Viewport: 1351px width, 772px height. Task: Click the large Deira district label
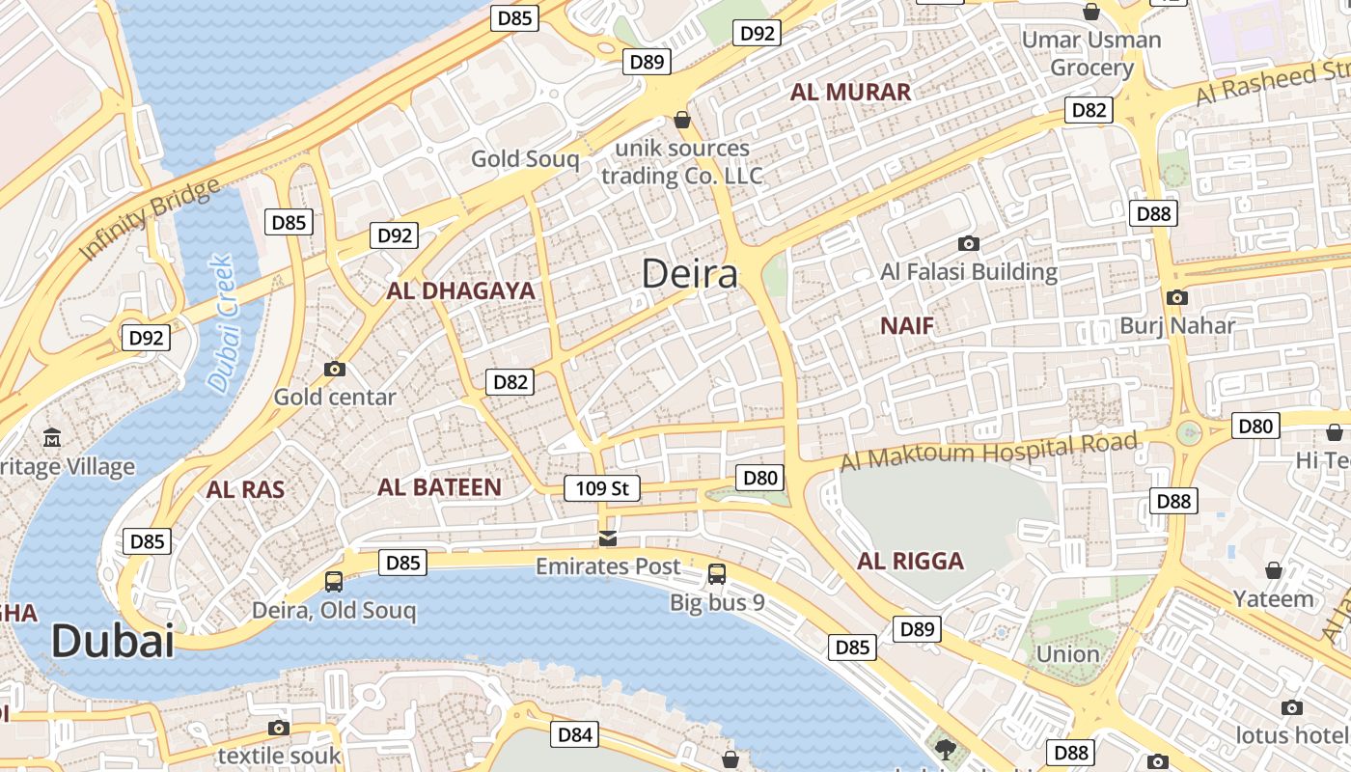click(690, 274)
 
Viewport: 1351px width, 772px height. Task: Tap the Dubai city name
click(112, 641)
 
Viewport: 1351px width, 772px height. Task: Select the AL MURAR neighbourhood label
click(850, 93)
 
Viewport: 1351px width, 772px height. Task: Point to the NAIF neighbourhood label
click(907, 326)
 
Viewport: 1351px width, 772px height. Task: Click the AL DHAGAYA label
click(460, 290)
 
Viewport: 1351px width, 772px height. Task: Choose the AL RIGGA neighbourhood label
click(910, 562)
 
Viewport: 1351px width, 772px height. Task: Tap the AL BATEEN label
click(439, 487)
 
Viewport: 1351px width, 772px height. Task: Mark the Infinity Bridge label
click(149, 220)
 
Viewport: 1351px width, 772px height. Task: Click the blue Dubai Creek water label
click(221, 323)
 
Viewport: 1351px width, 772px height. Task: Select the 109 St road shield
click(602, 488)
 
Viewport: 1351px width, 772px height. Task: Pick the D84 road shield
click(574, 734)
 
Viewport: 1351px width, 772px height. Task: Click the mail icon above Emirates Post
click(608, 538)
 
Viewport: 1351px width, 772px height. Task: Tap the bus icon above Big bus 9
click(717, 574)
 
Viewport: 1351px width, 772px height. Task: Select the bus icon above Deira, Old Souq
click(334, 581)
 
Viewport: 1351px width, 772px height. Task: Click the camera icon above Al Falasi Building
click(969, 244)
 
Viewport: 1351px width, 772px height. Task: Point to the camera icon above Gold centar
click(335, 369)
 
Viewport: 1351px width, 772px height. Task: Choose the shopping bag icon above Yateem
click(1274, 570)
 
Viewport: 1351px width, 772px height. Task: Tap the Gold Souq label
click(525, 159)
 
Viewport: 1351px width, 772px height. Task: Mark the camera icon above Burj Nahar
click(1176, 297)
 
